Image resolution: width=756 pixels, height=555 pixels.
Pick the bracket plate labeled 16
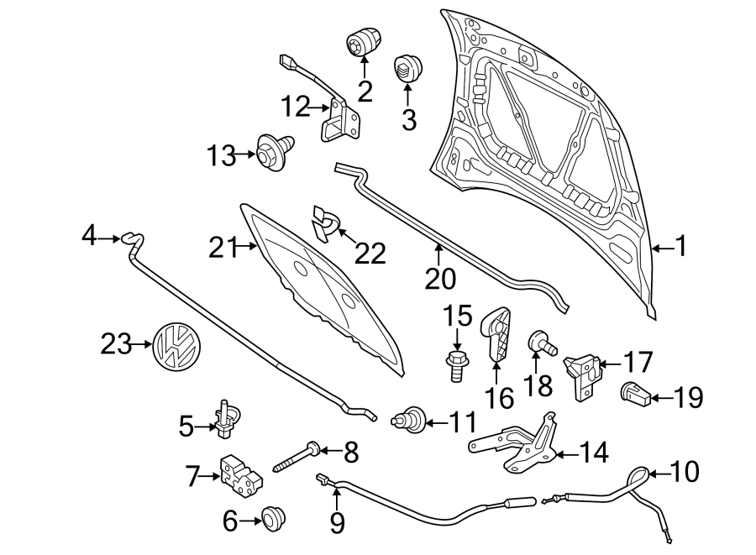[x=497, y=335]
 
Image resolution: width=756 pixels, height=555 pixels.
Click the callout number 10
[x=685, y=473]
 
